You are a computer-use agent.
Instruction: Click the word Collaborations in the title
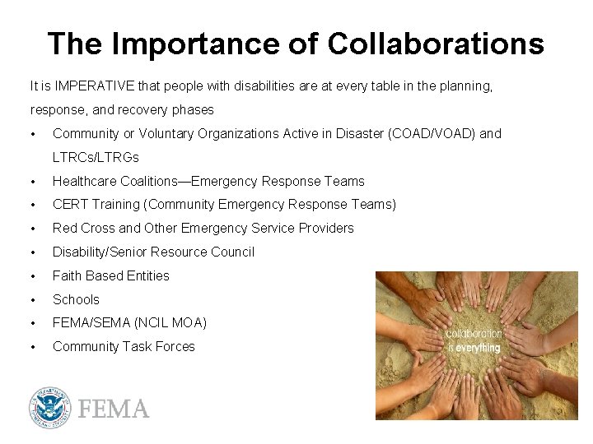(x=436, y=44)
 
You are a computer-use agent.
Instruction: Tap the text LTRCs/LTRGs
(x=96, y=157)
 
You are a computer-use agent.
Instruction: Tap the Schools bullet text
(x=76, y=299)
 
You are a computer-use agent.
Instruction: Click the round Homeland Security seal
(x=50, y=409)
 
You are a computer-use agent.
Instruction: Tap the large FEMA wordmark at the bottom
(x=113, y=409)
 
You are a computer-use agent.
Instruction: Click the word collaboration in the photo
(x=474, y=334)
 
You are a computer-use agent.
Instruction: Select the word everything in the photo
(x=478, y=348)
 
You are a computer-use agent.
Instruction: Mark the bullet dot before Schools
(x=32, y=299)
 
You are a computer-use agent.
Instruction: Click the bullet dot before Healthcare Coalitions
(x=32, y=181)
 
